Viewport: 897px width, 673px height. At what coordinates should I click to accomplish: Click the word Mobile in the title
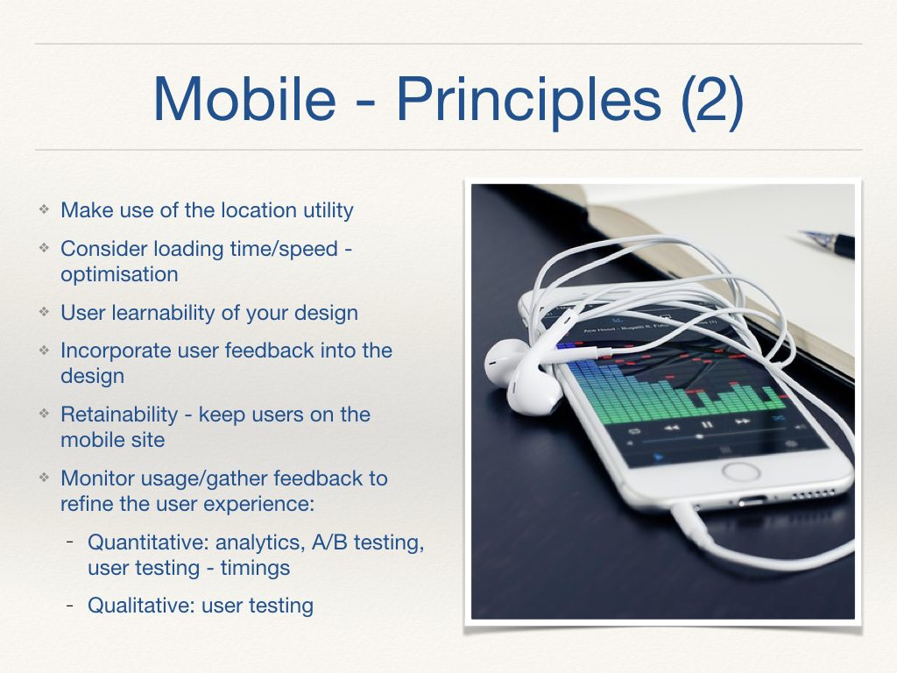click(x=244, y=98)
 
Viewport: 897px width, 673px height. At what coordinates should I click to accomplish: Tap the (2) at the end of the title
click(x=711, y=98)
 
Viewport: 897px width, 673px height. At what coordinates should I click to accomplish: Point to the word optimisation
click(x=119, y=274)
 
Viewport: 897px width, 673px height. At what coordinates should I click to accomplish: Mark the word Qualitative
click(x=140, y=606)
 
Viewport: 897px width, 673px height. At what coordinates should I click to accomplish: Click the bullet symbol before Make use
click(x=43, y=210)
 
